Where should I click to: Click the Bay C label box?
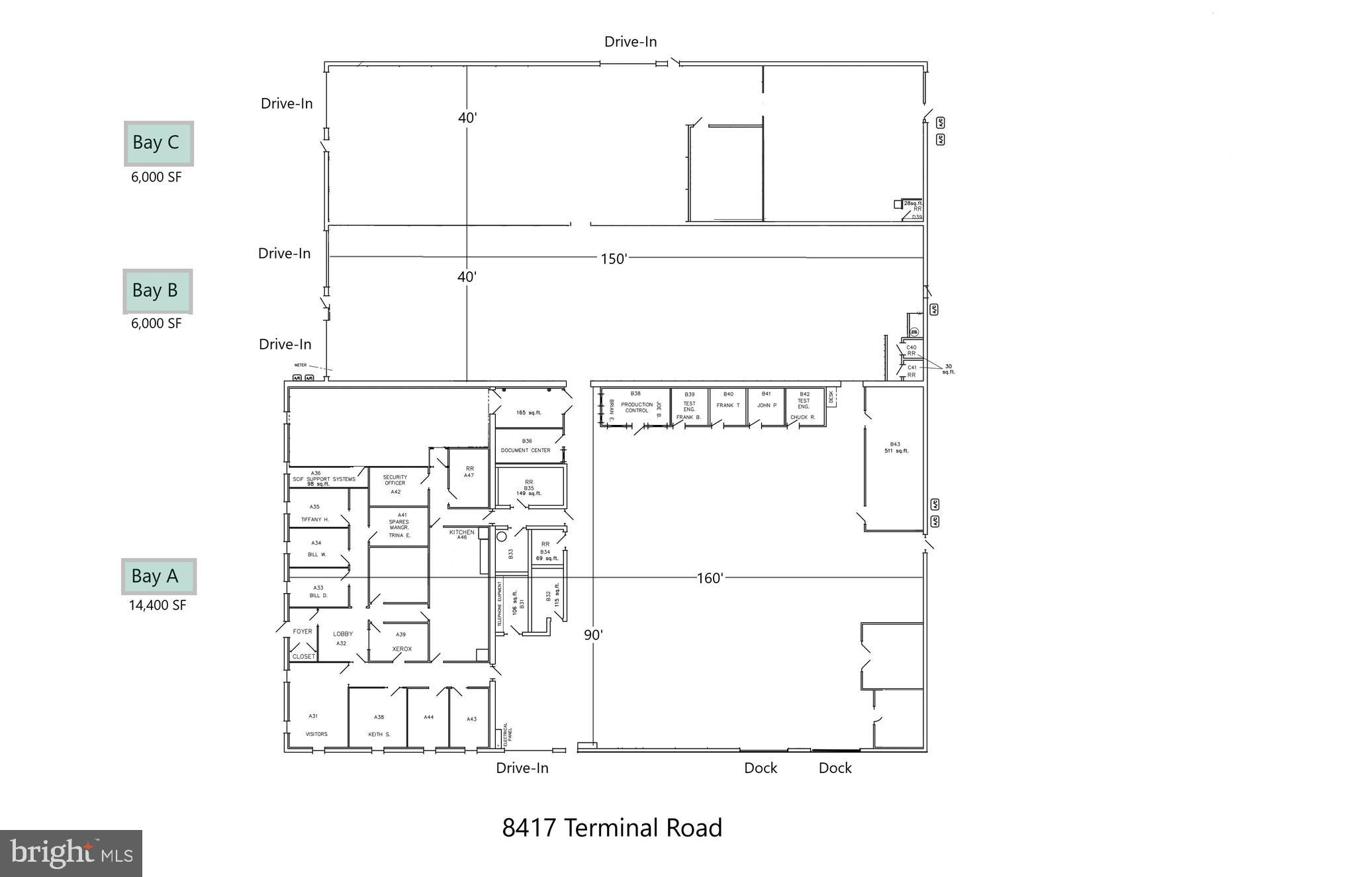(158, 143)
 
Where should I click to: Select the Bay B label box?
(157, 291)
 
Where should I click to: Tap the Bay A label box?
(158, 577)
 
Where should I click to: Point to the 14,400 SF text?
(158, 605)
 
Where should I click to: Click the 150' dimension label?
(613, 259)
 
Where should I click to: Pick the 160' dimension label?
(709, 578)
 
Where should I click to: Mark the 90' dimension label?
(593, 635)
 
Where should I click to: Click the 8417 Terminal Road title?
(612, 828)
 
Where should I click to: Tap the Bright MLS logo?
(71, 853)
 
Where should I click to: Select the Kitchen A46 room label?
(462, 534)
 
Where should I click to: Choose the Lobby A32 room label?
(342, 638)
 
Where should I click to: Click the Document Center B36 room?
(526, 445)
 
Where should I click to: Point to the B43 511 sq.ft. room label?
(896, 447)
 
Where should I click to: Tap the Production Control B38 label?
(636, 404)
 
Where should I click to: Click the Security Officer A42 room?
(395, 484)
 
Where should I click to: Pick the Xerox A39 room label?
(401, 642)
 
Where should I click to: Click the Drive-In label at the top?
(630, 42)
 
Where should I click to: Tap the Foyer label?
(303, 631)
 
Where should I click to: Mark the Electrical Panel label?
(507, 735)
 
